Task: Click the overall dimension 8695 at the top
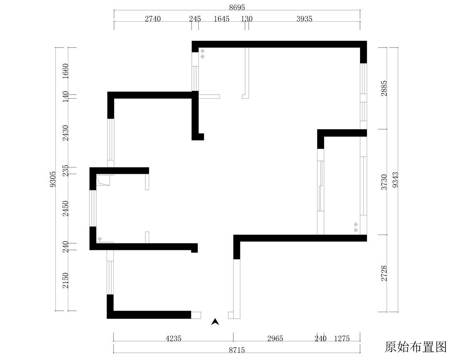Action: click(x=237, y=8)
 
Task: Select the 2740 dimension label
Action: click(x=152, y=19)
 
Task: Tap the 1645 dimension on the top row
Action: click(x=222, y=19)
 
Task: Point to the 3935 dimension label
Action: click(x=304, y=19)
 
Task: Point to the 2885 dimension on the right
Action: click(x=384, y=88)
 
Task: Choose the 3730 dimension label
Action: click(x=384, y=182)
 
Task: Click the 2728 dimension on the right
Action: click(x=384, y=273)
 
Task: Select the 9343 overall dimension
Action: click(x=395, y=180)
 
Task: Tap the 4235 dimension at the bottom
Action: click(x=173, y=339)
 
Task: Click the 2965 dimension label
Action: click(x=275, y=339)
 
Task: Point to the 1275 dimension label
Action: click(x=342, y=339)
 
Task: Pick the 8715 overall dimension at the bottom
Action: click(x=237, y=350)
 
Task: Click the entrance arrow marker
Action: click(x=215, y=322)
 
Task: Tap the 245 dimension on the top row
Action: click(x=195, y=19)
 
